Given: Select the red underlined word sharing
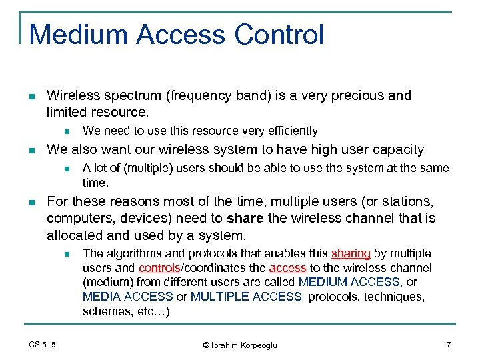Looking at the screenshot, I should [351, 253].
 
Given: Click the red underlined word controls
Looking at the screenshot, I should [159, 268].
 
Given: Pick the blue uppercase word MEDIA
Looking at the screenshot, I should [102, 297].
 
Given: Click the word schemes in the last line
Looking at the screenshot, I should [104, 311].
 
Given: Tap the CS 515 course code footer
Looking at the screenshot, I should [42, 345].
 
